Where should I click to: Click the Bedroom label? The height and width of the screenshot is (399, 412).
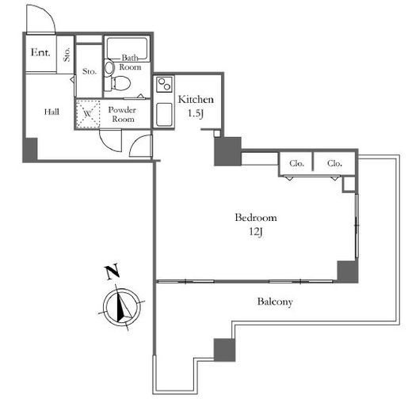pos(256,218)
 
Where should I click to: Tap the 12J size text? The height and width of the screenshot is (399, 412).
pos(256,232)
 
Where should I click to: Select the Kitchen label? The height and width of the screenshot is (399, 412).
pos(196,100)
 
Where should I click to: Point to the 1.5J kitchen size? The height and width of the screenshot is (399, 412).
pos(196,113)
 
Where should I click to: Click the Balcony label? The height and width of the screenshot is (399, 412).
pos(275,302)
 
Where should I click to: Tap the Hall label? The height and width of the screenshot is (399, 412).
pos(51,112)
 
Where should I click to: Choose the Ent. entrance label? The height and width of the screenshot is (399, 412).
pos(40,52)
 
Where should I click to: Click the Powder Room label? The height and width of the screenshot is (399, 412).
pos(122,114)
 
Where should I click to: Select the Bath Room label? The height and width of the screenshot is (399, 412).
pos(130,63)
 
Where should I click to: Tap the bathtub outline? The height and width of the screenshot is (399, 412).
pos(127,49)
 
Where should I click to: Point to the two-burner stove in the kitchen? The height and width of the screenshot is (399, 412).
pos(164,84)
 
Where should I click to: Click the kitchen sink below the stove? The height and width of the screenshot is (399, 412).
pos(164,115)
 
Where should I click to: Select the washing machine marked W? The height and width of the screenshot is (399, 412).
pos(88,114)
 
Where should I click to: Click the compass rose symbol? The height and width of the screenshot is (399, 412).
pos(122,307)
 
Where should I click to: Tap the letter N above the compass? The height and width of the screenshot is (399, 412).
pos(113,272)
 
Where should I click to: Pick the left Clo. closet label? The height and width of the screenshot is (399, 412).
pos(296,164)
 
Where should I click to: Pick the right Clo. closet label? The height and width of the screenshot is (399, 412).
pos(334,164)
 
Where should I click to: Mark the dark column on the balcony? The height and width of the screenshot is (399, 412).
pos(224,350)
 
